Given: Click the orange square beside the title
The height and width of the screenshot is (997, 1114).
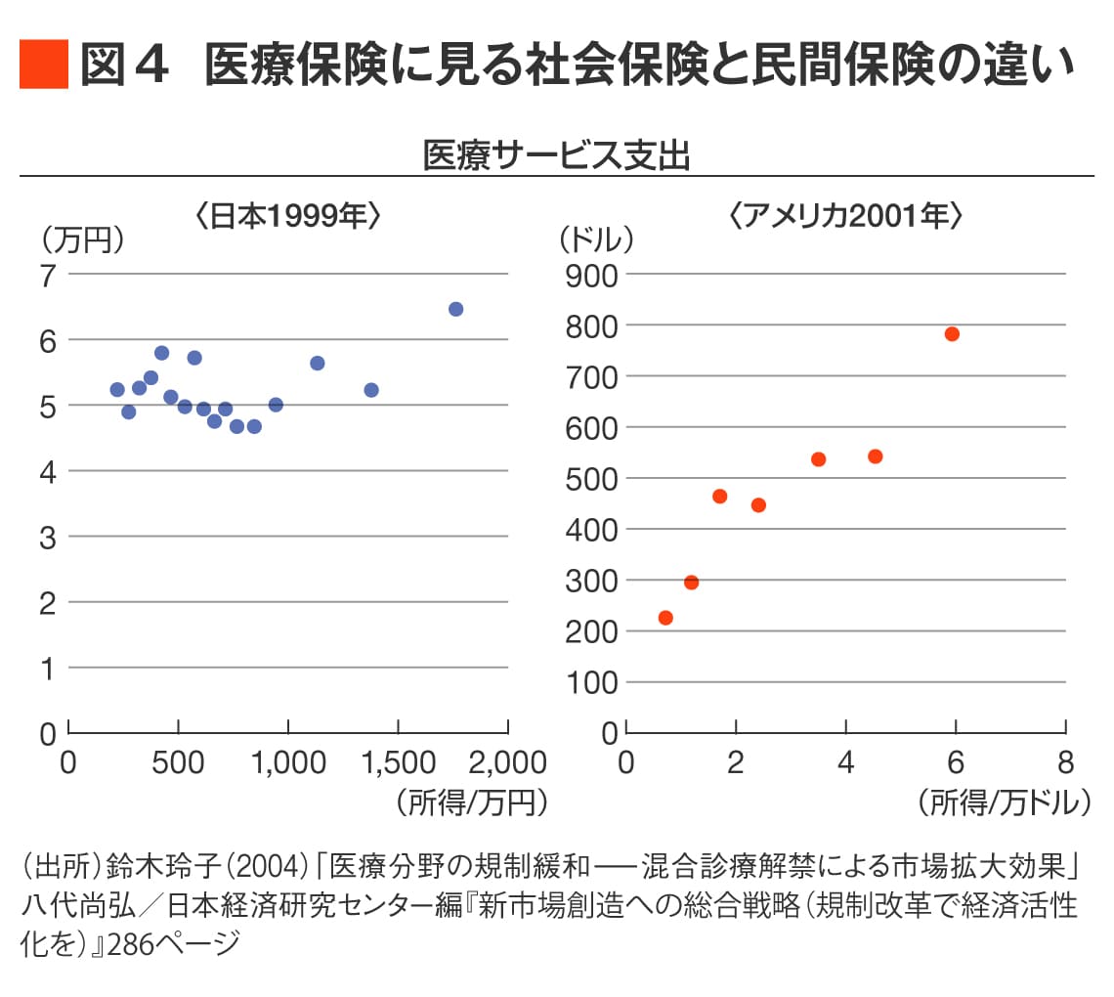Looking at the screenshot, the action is point(44,64).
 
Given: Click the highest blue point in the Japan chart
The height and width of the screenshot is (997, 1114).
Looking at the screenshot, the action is point(456,309).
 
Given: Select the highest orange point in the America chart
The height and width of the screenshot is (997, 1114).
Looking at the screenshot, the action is point(952,334).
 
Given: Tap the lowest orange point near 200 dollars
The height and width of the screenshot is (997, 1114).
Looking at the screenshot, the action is point(665,618).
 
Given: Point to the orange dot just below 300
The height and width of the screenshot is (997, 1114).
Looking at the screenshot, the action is point(691,583).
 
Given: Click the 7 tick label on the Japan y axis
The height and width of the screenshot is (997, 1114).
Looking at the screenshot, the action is point(48,276).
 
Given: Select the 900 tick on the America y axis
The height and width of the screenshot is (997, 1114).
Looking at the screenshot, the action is point(591,276).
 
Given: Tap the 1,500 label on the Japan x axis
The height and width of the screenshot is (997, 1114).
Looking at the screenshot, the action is point(399,762).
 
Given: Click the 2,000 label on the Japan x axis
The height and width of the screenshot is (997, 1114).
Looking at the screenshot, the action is point(508,762).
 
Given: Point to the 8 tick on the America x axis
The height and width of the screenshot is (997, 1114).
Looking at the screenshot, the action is point(1066,762).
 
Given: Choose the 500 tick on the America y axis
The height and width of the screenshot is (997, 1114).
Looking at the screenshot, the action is point(591,480).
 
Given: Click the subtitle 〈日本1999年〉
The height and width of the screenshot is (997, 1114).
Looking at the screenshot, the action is point(287,215).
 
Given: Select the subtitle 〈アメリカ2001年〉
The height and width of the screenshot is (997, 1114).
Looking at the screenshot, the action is point(845,215).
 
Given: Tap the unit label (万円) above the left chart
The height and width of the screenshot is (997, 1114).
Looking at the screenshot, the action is point(83,240).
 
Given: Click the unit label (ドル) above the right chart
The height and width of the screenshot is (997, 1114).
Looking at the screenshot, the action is point(596,239).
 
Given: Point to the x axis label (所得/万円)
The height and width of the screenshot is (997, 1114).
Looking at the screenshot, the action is point(472,802).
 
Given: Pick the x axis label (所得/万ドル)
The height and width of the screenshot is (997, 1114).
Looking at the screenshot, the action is point(1004,802).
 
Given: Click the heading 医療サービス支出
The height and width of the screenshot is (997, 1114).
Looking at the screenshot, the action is point(556,154).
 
